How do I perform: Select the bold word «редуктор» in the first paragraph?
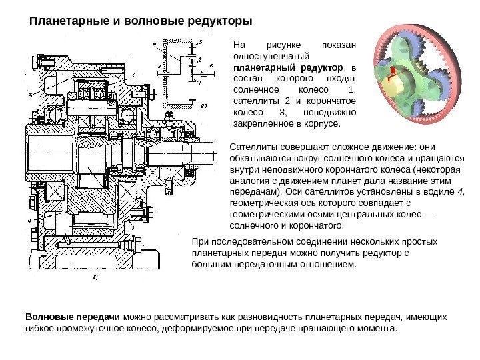(x=319, y=69)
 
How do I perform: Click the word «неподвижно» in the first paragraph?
(x=331, y=111)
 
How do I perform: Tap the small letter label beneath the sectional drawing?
(x=95, y=276)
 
